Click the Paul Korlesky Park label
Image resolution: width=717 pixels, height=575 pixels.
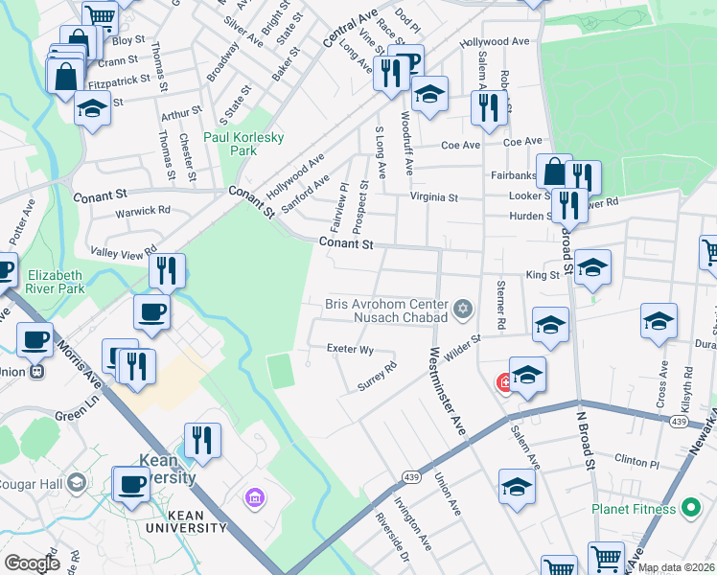click(x=243, y=144)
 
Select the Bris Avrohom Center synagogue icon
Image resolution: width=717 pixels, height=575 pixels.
click(x=464, y=309)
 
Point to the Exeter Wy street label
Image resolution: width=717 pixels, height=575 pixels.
click(x=350, y=350)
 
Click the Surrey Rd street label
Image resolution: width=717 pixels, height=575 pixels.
click(x=377, y=376)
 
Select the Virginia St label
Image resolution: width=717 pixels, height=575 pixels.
click(x=434, y=197)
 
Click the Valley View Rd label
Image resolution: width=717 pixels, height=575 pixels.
click(x=124, y=251)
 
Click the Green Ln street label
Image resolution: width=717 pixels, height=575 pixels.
click(x=72, y=416)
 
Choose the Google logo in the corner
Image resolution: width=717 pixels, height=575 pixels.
click(x=33, y=563)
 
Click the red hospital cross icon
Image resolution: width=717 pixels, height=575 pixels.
click(x=504, y=383)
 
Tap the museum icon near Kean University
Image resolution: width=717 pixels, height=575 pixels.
click(x=255, y=496)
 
